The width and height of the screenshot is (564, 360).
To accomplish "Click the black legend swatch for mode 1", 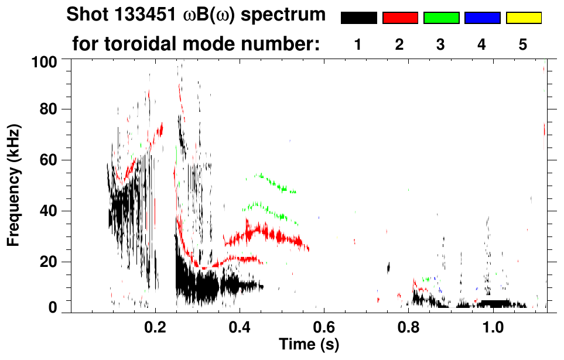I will tap(358, 18).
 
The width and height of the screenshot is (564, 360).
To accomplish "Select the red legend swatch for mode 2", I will tap(400, 18).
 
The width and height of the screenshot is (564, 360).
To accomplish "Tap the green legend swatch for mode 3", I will tap(441, 18).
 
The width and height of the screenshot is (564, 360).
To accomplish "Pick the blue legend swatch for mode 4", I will tap(482, 18).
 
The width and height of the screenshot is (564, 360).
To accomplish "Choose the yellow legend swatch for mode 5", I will tap(524, 18).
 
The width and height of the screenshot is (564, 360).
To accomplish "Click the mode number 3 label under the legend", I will tap(441, 44).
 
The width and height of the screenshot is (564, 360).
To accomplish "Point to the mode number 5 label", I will tap(524, 44).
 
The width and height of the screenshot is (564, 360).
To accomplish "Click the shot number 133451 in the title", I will tap(142, 15).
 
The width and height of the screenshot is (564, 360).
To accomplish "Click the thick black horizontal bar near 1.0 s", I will tap(495, 303).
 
